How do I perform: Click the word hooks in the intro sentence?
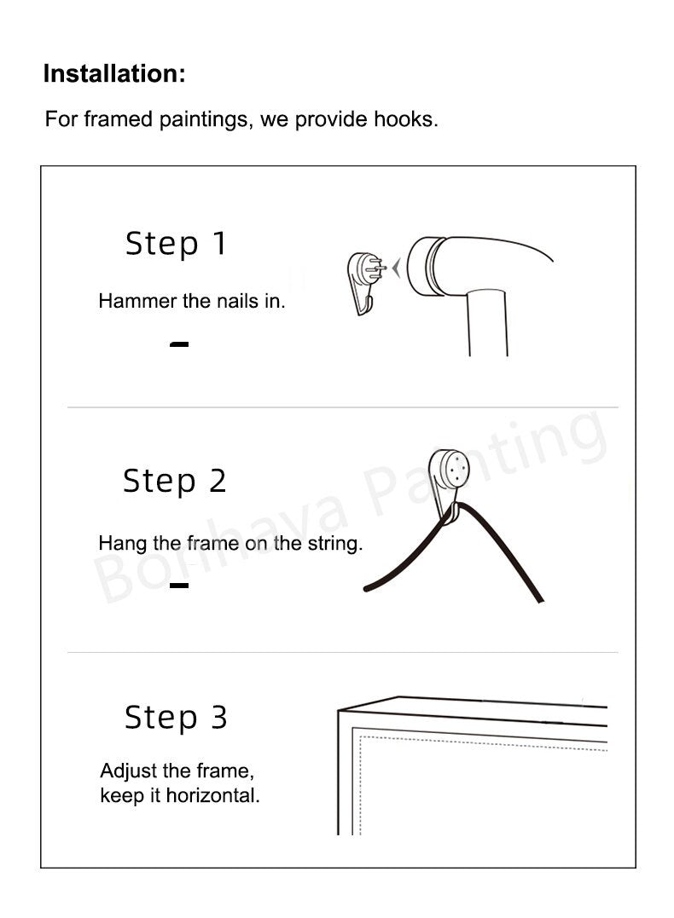(406, 118)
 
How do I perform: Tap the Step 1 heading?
(176, 244)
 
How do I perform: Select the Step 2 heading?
(175, 481)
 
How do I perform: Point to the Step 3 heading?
(176, 717)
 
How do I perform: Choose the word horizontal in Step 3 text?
(212, 795)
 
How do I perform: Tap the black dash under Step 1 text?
(179, 344)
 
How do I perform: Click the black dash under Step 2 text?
(179, 585)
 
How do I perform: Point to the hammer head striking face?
(418, 267)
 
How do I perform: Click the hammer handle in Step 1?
(488, 325)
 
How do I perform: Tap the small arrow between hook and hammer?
(397, 268)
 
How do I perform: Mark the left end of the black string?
(367, 588)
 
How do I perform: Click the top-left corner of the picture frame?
(338, 711)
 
